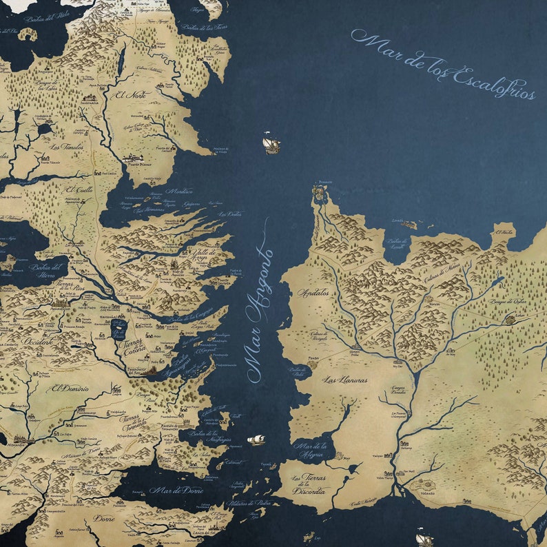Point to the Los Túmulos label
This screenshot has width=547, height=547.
coord(66,147)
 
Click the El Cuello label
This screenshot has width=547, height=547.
coord(79,189)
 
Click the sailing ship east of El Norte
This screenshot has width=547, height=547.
coord(271,143)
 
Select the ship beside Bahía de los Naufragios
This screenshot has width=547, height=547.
coord(256,439)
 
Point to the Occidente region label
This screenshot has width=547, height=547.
coord(37,341)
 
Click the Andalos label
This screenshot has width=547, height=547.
coord(313,293)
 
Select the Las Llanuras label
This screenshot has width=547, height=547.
coord(344,380)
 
